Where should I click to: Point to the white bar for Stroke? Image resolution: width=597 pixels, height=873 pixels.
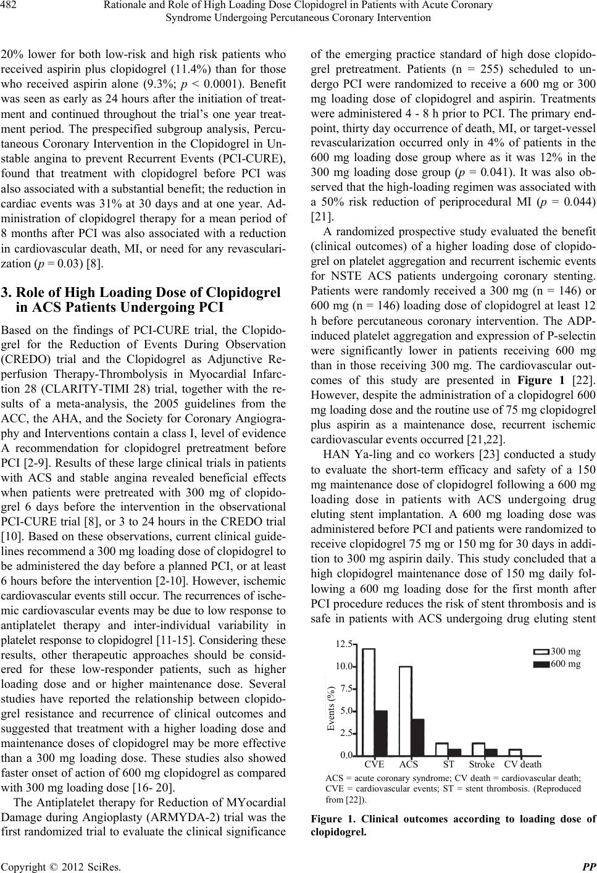478,750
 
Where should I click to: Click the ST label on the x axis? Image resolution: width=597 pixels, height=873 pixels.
449,764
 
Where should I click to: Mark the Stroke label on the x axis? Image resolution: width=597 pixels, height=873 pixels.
482,764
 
